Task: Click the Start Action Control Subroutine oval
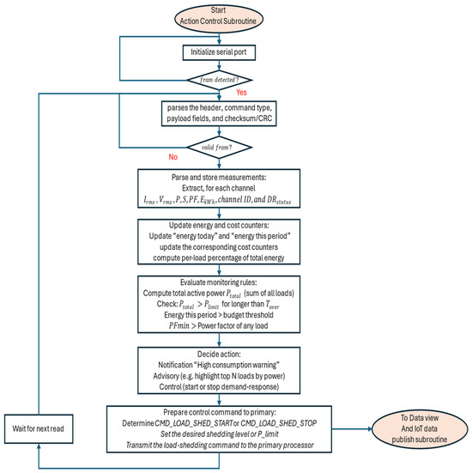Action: point(219,19)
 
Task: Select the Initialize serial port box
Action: point(219,52)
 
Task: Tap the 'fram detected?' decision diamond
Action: point(219,80)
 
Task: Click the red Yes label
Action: point(241,93)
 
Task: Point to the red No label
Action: point(173,157)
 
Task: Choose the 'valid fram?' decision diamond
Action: point(219,147)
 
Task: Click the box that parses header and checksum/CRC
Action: point(219,113)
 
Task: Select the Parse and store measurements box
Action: point(219,188)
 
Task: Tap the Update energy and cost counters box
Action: point(219,241)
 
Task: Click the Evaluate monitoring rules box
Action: point(219,304)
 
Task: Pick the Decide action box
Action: point(219,371)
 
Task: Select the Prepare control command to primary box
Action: point(219,429)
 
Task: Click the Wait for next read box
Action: point(39,428)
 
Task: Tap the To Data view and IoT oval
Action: point(420,428)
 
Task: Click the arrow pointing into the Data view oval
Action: point(352,429)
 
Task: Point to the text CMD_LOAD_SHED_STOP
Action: point(278,423)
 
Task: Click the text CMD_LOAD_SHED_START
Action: point(194,423)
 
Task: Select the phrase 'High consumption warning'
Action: point(238,365)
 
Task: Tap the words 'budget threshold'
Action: point(248,315)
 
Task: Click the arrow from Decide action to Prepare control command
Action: point(219,400)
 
